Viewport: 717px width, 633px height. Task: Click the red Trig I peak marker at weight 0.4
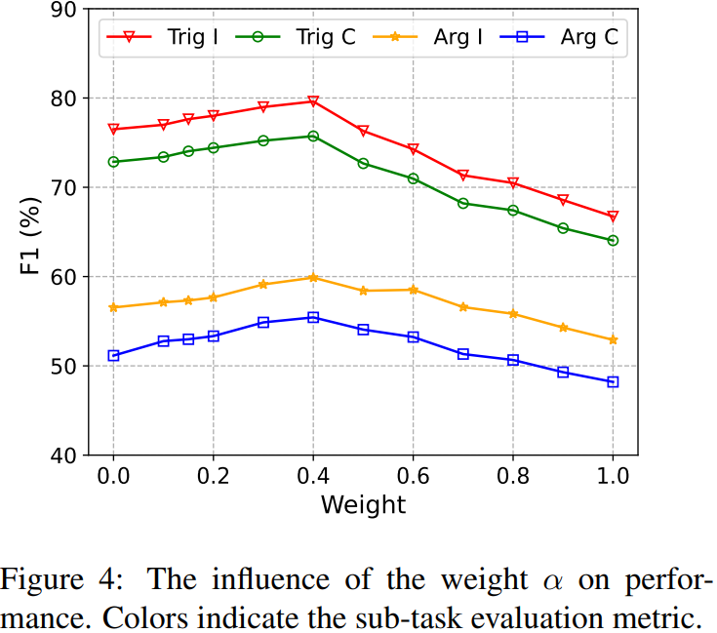(x=313, y=101)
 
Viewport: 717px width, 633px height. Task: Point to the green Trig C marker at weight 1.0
(x=613, y=240)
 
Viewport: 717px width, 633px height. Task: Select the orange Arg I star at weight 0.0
(x=113, y=307)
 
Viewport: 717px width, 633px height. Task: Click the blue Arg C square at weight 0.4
(x=313, y=317)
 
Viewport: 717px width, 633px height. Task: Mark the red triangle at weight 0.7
(x=463, y=176)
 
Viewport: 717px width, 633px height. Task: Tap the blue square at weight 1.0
(x=613, y=381)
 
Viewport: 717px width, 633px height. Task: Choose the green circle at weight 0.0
(x=113, y=162)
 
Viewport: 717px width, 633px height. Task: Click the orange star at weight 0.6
(x=413, y=290)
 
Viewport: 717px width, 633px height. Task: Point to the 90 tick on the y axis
(x=68, y=10)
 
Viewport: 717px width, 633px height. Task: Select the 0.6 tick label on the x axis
(x=413, y=479)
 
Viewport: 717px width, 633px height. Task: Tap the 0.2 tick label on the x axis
(x=213, y=479)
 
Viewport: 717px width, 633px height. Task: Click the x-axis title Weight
(x=362, y=505)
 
